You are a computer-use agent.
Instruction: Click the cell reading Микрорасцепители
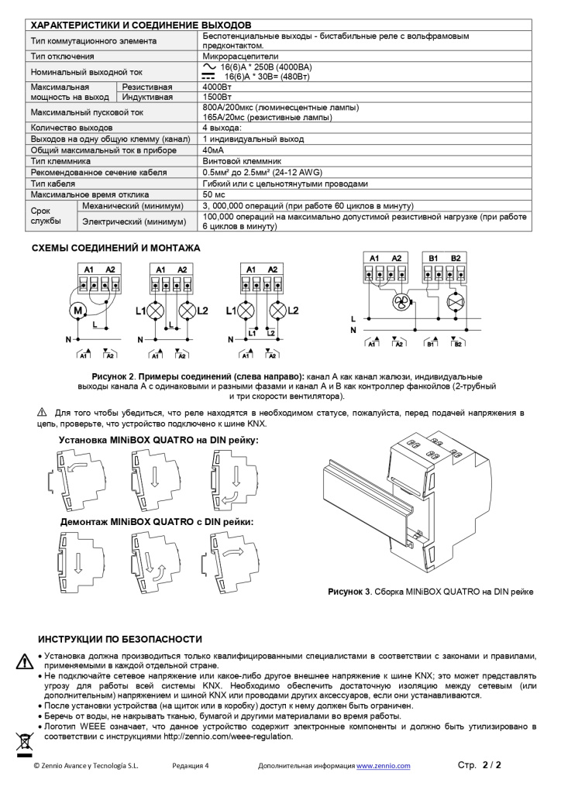(x=236, y=57)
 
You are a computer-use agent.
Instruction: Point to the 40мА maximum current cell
(x=214, y=149)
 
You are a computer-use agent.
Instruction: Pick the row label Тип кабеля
(x=53, y=184)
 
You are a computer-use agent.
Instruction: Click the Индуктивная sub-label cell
(x=148, y=98)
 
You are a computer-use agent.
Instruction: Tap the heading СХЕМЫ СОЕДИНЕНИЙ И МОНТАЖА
(x=115, y=248)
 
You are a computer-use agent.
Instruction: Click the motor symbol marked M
(x=79, y=311)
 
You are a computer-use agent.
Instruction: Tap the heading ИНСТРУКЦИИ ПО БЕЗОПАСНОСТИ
(x=120, y=639)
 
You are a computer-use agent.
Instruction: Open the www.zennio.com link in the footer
(x=383, y=766)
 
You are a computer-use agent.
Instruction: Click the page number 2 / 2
(x=491, y=765)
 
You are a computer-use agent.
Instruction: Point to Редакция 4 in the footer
(x=191, y=766)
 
